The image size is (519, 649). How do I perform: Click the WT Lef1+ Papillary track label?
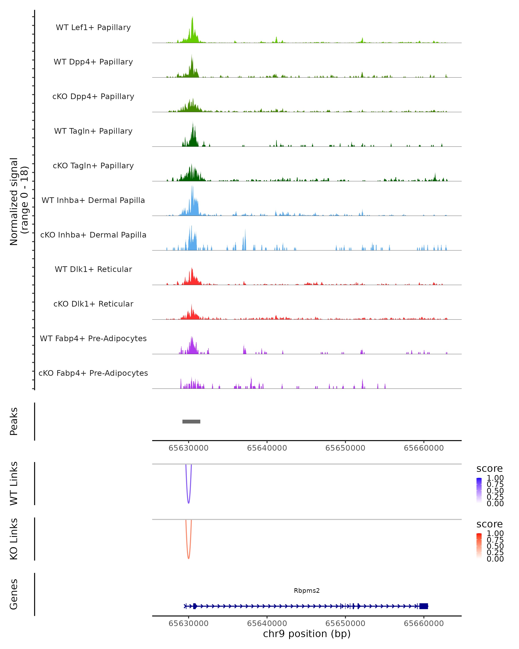pyautogui.click(x=93, y=27)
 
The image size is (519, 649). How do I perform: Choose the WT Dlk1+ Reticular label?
pyautogui.click(x=93, y=269)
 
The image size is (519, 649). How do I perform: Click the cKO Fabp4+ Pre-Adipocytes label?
pyautogui.click(x=93, y=373)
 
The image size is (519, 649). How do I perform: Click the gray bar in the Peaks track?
pyautogui.click(x=191, y=421)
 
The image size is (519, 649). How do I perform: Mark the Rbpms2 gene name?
pyautogui.click(x=307, y=591)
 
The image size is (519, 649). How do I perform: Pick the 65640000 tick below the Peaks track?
pyautogui.click(x=267, y=448)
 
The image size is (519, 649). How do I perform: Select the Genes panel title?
pyautogui.click(x=14, y=594)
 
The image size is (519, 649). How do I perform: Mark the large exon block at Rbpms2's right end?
pyautogui.click(x=424, y=606)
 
